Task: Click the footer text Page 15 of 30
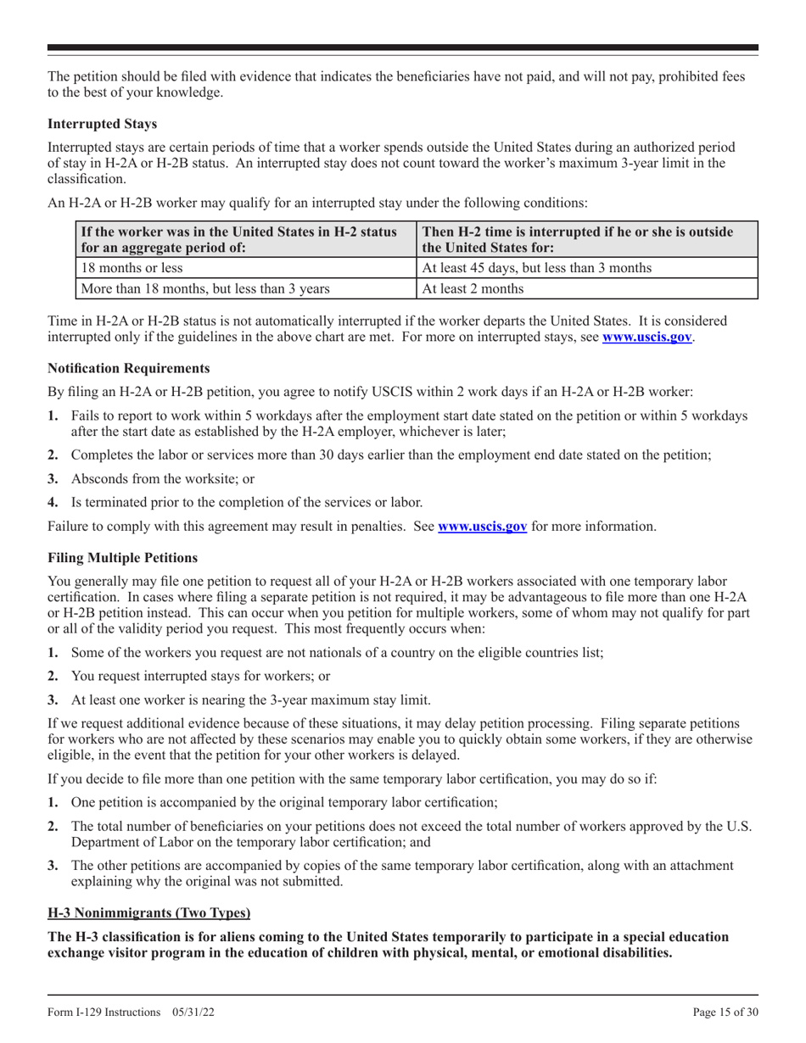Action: tap(719, 1012)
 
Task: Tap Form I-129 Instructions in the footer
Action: tap(109, 1012)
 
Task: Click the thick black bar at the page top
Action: tap(403, 48)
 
